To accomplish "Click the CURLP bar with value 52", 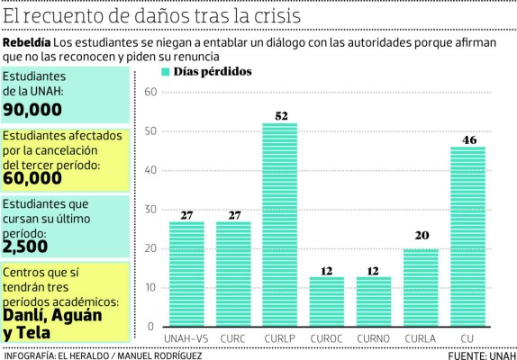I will click(x=279, y=224).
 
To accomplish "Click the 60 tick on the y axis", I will click(x=150, y=93).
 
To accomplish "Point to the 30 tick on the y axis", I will click(x=150, y=210).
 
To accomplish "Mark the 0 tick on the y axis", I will click(x=154, y=326).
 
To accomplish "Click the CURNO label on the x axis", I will click(x=373, y=338).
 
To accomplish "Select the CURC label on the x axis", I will click(x=232, y=338).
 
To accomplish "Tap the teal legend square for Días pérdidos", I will click(x=165, y=72).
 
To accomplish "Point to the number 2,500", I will click(x=25, y=244).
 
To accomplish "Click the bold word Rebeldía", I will click(x=26, y=43).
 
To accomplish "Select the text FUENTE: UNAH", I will click(x=478, y=355).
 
